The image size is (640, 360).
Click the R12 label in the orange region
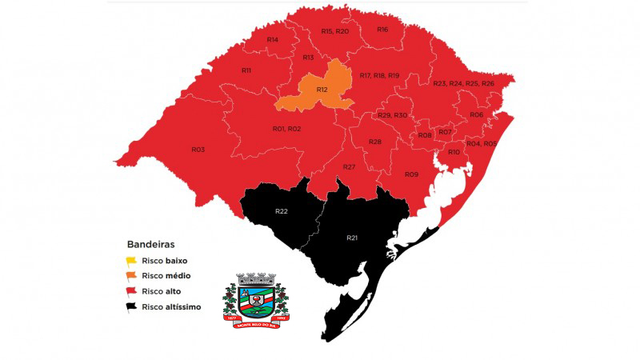tap(322, 90)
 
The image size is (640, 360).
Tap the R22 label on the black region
tap(282, 211)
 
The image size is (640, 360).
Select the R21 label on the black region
tap(353, 238)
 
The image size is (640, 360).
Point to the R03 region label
tap(198, 150)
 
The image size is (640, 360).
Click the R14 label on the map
tap(272, 39)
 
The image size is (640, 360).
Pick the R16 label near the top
tap(382, 30)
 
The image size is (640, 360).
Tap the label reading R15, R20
tap(334, 31)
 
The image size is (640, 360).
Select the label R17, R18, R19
tap(379, 75)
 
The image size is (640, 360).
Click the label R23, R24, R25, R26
tap(463, 84)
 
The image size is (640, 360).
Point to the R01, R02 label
tap(286, 129)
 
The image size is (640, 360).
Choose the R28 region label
tap(374, 142)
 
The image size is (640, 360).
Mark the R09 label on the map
tap(411, 174)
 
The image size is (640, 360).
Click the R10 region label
tap(454, 152)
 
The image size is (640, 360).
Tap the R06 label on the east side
tap(477, 115)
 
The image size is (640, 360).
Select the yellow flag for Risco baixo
tap(131, 261)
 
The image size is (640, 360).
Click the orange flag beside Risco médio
tap(131, 276)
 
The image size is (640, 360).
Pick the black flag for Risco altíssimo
tap(131, 307)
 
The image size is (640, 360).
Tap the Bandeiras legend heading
tap(150, 243)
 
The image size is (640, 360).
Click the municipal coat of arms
tap(255, 298)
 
